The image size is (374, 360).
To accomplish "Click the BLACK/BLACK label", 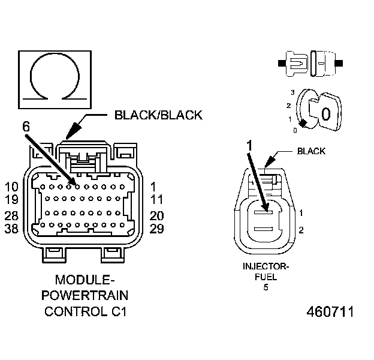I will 158,115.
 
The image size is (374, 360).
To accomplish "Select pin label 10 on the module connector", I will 12,186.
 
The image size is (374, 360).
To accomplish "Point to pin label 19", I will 12,200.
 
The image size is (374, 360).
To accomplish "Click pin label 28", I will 12,215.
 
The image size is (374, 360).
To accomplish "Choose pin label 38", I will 12,229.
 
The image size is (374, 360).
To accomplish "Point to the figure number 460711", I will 330,312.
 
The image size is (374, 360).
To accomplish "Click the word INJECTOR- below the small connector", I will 266,266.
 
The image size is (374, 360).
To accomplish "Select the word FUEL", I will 266,277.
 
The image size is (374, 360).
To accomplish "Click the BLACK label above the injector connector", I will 311,151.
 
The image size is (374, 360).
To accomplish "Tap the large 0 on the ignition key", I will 325,114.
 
